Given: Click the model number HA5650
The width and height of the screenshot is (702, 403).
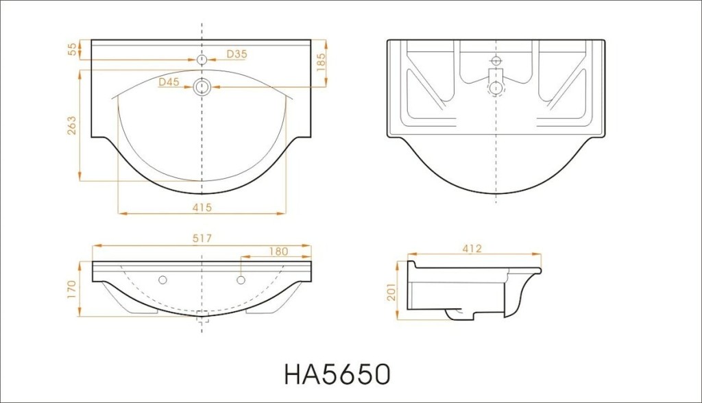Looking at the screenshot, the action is [x=337, y=374].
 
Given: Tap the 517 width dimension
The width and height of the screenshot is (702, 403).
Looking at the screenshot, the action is [x=202, y=239].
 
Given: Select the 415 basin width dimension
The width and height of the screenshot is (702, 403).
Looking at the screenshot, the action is [x=202, y=208].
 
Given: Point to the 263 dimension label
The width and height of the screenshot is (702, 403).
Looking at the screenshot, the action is [x=71, y=125].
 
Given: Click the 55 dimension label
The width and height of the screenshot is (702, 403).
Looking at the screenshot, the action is [x=72, y=50].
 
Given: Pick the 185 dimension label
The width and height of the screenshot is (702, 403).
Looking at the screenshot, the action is [x=321, y=62].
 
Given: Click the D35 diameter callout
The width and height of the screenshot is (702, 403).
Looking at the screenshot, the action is [x=237, y=54].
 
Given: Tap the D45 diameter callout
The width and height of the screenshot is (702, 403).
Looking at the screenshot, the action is [x=169, y=82].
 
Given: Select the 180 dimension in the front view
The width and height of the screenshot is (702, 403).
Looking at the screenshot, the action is [x=278, y=252].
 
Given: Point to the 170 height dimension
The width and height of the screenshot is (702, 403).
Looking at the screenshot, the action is [x=71, y=290].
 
